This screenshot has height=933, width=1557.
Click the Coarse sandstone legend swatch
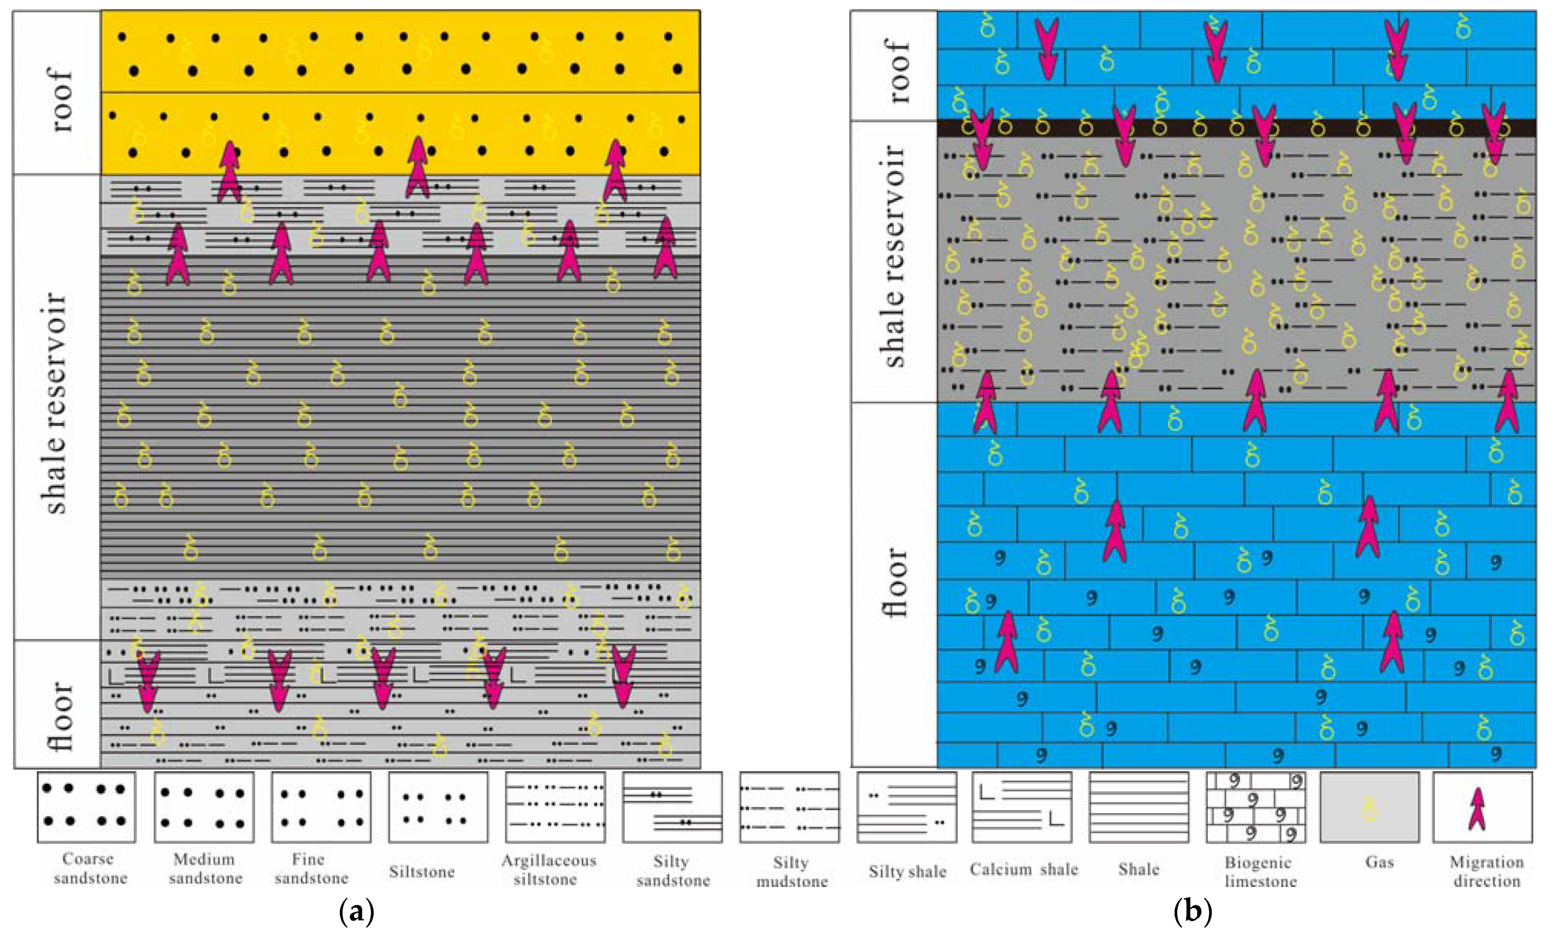pos(86,806)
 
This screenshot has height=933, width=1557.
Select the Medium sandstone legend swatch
pos(204,806)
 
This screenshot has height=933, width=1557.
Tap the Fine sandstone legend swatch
pos(321,806)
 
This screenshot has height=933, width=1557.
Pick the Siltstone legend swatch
pos(438,806)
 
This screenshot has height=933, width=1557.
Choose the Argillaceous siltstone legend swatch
pos(555,806)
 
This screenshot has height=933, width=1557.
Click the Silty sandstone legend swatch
pos(672,806)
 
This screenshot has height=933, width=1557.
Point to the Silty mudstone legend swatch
pos(789,806)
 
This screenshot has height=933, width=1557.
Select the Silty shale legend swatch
pos(907,806)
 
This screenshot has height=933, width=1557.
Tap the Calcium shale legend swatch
pos(1021,806)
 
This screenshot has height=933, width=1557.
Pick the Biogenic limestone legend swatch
pos(1256,806)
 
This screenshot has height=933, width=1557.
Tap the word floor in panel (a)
pos(62,715)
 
